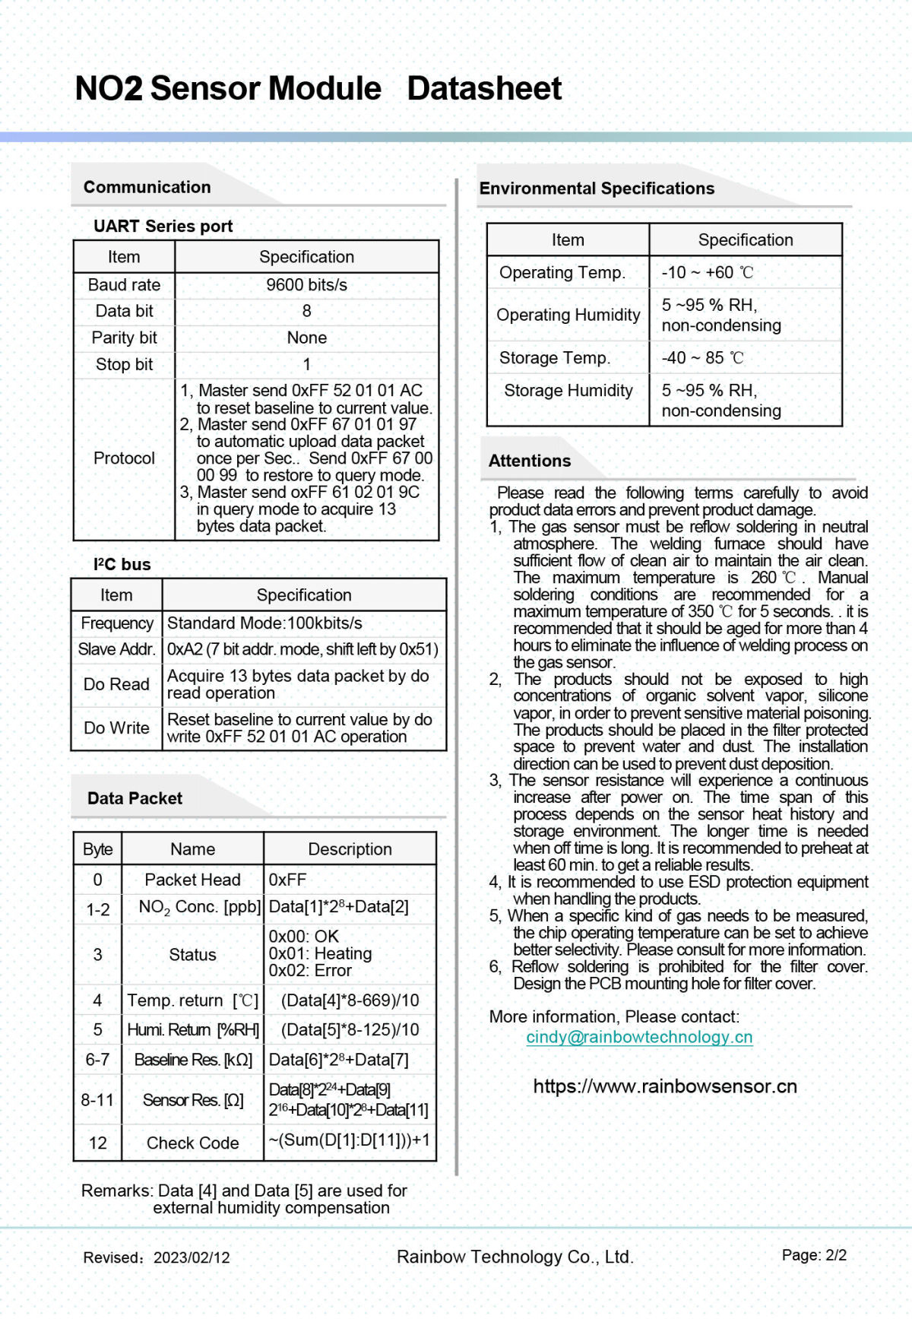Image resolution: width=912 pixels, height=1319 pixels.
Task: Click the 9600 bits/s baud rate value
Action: coord(306,285)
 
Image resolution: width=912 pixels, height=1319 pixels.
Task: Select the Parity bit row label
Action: coord(124,338)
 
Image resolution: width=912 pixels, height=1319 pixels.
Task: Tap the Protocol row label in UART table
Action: coord(124,458)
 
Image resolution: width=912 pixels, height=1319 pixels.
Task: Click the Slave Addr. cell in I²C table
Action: coord(116,649)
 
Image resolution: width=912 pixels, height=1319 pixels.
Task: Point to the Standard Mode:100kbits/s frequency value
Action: coord(264,623)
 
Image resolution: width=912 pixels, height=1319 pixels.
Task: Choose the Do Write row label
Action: coord(116,728)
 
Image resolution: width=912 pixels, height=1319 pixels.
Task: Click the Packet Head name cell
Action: coord(192,880)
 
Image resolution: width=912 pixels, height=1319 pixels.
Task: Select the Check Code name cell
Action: coord(192,1143)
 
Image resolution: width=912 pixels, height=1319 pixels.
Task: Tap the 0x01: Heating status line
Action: coord(320,953)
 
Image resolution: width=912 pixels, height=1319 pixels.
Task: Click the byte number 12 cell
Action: coord(97,1143)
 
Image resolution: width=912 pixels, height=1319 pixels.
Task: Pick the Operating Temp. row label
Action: coord(562,272)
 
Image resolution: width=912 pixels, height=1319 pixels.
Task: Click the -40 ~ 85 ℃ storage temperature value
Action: coord(702,357)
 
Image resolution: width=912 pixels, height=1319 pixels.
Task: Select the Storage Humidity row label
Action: coord(568,390)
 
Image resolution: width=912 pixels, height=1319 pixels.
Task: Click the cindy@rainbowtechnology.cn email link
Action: coord(639,1037)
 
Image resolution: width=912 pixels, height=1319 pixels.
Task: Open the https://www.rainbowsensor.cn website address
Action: coord(665,1086)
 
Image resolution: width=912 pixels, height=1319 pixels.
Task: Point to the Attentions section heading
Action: coord(530,461)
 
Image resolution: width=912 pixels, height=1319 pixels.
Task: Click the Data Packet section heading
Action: coord(135,798)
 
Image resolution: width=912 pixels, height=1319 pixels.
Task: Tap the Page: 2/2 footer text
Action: coord(814,1255)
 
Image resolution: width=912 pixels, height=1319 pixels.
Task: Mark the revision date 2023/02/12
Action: coord(192,1257)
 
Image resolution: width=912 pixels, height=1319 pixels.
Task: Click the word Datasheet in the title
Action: coord(484,89)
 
